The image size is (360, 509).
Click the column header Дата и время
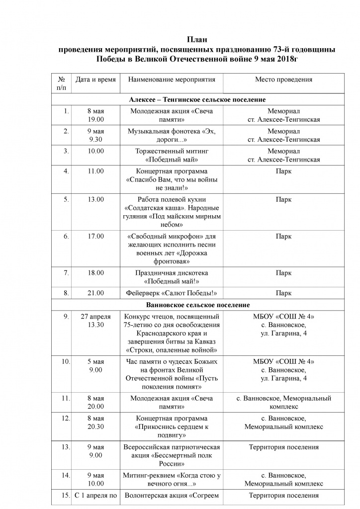(x=95, y=80)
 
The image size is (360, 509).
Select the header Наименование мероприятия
(x=172, y=80)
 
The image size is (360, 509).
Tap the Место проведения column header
(x=283, y=80)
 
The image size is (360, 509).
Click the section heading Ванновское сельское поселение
(x=198, y=305)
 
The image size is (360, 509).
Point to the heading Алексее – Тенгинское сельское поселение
(x=197, y=99)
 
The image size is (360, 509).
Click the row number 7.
(x=66, y=273)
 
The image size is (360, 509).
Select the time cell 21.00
(x=95, y=293)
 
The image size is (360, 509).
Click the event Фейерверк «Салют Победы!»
(x=172, y=293)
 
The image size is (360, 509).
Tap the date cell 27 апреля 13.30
(x=95, y=321)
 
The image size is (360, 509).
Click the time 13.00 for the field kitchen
(x=95, y=200)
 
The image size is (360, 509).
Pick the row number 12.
(x=65, y=419)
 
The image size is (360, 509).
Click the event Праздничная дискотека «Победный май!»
(x=172, y=277)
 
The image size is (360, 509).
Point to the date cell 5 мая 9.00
(x=95, y=365)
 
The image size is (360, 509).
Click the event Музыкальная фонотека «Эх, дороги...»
(x=172, y=135)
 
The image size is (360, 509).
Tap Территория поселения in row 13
(x=283, y=447)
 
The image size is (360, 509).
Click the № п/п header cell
(x=62, y=84)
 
